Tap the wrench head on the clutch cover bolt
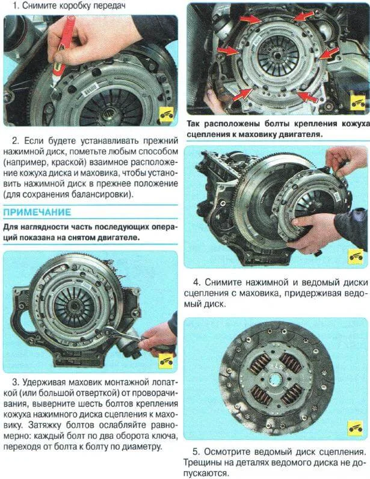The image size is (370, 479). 115,332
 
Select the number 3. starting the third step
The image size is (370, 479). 17,382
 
